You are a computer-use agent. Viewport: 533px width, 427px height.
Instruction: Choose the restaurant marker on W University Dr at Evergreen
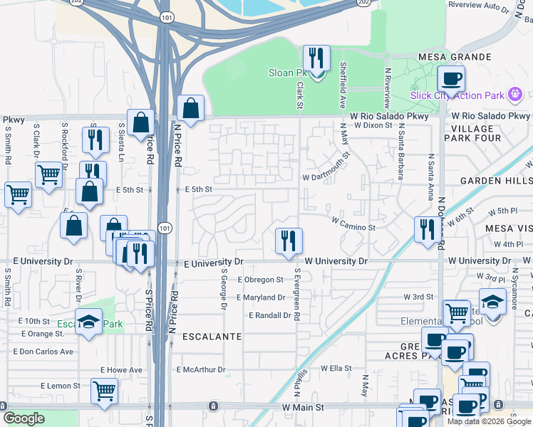click(x=289, y=241)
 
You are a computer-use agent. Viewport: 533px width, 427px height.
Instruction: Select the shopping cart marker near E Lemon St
click(x=104, y=390)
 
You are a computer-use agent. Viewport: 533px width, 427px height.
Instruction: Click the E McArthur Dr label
click(x=201, y=370)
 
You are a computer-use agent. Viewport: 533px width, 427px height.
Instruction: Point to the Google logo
click(x=24, y=418)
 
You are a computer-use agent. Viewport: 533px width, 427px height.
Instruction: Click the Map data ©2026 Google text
click(x=489, y=421)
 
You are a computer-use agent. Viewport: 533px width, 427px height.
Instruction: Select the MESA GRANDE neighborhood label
click(x=455, y=57)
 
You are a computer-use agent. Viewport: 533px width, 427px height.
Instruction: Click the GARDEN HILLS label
click(x=496, y=181)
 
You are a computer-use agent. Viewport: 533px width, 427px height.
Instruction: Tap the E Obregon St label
click(x=260, y=280)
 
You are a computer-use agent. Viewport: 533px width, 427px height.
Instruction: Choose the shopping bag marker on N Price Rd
click(x=191, y=109)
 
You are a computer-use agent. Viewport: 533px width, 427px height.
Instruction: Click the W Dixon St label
click(x=371, y=125)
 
